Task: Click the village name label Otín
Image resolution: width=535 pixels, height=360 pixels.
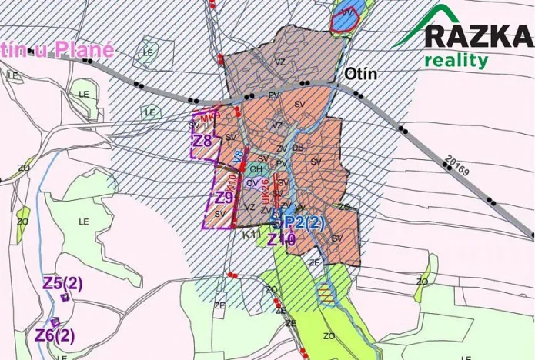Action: [361, 74]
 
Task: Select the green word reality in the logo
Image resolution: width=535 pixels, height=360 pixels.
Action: [456, 60]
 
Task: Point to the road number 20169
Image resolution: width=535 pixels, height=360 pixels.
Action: [456, 166]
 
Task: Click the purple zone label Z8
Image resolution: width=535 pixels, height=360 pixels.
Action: [202, 141]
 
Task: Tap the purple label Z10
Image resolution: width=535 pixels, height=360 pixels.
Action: [281, 239]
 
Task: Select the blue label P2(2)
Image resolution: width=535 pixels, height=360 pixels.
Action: [305, 223]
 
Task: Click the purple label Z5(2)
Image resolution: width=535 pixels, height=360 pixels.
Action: [62, 283]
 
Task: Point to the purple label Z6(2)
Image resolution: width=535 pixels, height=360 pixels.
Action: [55, 335]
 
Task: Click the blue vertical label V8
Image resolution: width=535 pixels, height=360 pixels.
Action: [239, 157]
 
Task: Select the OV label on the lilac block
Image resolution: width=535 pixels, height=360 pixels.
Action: [252, 183]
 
